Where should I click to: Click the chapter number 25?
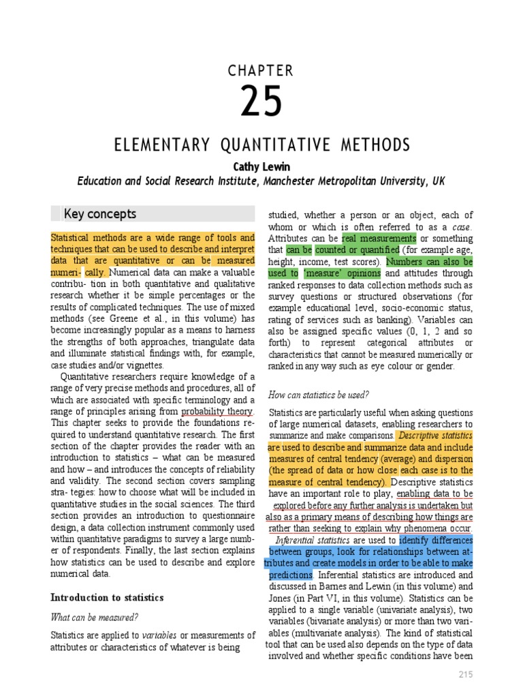tap(261, 102)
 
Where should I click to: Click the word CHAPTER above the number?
tap(261, 71)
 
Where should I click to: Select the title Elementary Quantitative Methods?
tap(261, 145)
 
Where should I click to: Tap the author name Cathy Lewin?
tap(261, 166)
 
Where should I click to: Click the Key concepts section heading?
tap(100, 214)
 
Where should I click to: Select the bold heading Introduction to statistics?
tap(108, 597)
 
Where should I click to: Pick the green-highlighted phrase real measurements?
tap(379, 239)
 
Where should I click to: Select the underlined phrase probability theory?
tap(217, 412)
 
